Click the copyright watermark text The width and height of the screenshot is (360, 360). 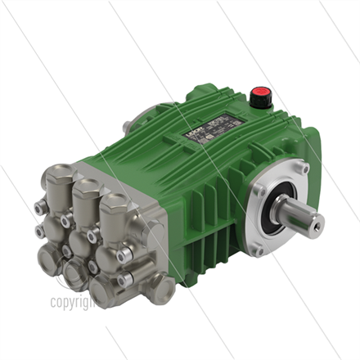[x=72, y=302]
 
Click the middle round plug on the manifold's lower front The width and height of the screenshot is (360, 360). [x=82, y=247]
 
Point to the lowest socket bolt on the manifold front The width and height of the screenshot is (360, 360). [x=123, y=282]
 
